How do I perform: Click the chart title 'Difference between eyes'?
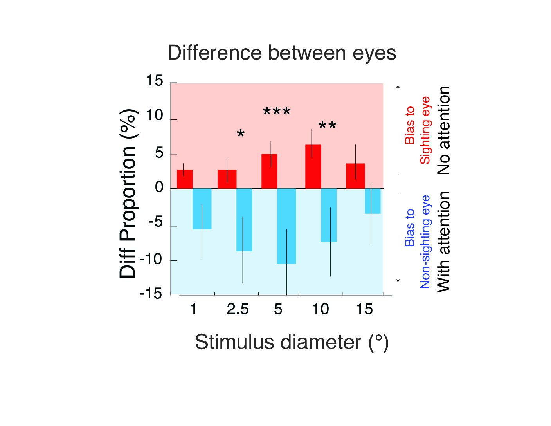tap(281, 53)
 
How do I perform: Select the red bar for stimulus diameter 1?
tap(185, 179)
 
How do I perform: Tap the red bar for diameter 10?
tap(313, 166)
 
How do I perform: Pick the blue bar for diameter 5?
tap(286, 226)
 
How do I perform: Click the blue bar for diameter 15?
tap(373, 201)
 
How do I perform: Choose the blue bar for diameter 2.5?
tap(244, 220)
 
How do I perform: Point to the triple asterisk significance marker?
tap(277, 112)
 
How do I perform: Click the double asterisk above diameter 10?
tap(327, 126)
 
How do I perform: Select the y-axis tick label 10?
tap(154, 116)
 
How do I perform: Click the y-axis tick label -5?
tap(155, 222)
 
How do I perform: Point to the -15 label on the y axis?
tap(151, 294)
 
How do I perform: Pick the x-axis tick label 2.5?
tap(238, 309)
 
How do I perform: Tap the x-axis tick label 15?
tap(364, 309)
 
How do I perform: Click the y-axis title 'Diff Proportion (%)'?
tap(128, 193)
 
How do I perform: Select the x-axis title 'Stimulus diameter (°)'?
tap(292, 342)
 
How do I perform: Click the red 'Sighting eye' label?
tap(425, 130)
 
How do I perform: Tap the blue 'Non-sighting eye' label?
tap(425, 242)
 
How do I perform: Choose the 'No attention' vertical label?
tap(443, 130)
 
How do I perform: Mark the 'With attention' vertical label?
tap(443, 242)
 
